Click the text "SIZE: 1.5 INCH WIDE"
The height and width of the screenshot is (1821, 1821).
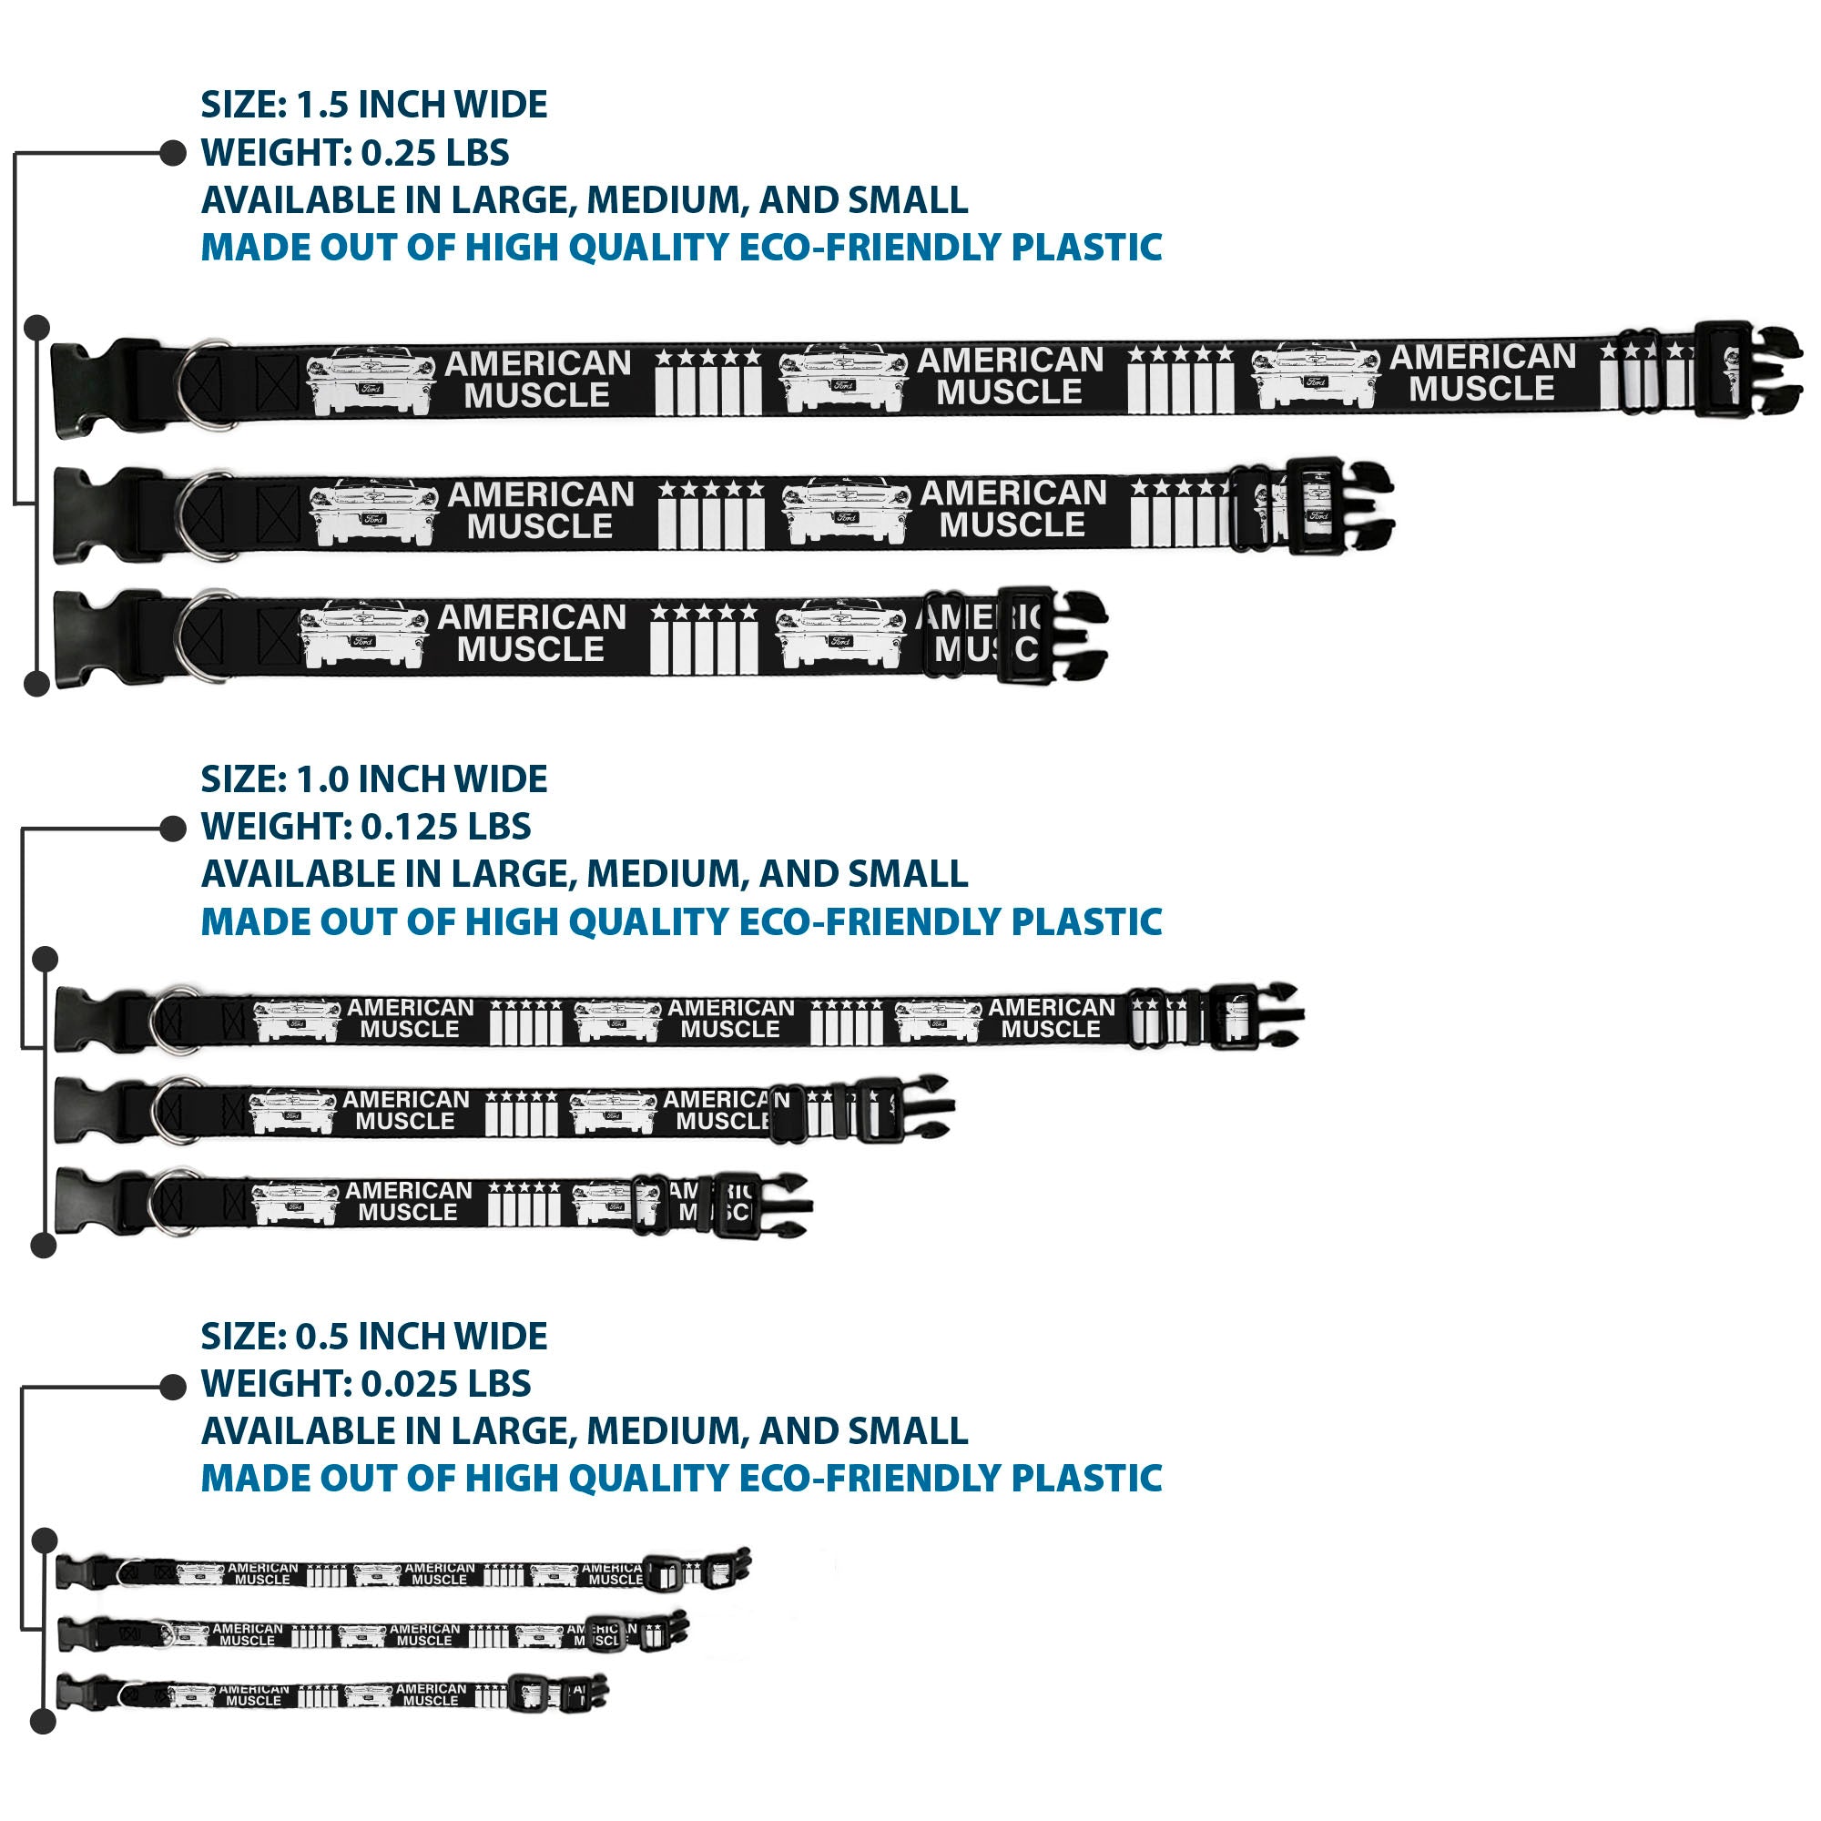(x=373, y=105)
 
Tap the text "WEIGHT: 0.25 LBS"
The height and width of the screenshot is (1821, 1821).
(x=354, y=153)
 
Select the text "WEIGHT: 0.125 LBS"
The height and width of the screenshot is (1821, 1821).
(x=366, y=827)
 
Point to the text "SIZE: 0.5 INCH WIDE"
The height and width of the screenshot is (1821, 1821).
(x=373, y=1337)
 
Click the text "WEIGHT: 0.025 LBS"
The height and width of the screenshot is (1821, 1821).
(x=366, y=1384)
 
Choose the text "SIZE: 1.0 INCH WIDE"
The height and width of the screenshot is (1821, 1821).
(x=373, y=779)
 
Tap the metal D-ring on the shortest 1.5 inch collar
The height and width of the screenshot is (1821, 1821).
(x=203, y=636)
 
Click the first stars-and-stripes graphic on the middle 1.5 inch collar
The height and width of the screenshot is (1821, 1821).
(x=711, y=514)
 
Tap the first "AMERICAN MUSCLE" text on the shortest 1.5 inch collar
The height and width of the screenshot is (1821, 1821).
(x=532, y=634)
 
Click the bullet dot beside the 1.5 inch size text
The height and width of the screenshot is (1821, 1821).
(x=173, y=153)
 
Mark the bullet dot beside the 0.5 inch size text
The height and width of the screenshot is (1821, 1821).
(x=173, y=1387)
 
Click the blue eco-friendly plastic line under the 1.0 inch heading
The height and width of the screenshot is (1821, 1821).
(x=680, y=921)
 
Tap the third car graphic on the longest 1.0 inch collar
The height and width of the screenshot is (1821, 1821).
(x=937, y=1021)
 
